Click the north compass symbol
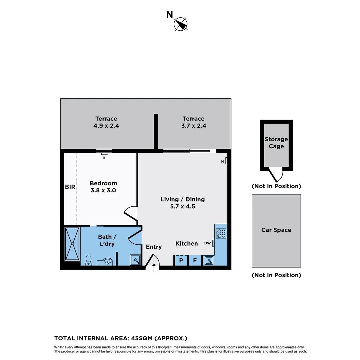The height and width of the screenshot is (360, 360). pos(181,24)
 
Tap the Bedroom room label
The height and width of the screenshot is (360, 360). pos(103,183)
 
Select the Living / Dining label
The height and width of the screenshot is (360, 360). pos(182,199)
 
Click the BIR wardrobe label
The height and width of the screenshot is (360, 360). pos(70,187)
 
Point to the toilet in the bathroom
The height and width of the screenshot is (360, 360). pos(89,260)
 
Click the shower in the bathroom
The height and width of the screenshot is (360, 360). pos(72,244)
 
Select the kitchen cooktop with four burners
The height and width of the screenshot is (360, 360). pos(221,233)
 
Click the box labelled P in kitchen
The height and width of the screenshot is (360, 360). pos(181,260)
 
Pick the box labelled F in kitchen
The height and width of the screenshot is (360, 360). pos(195,260)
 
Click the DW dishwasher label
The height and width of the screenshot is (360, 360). pos(208,243)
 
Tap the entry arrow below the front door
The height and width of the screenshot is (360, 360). pos(154,267)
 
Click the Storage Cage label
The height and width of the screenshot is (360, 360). pos(276,143)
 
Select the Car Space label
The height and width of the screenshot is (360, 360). pos(276,230)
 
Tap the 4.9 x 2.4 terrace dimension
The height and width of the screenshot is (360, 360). pos(106,126)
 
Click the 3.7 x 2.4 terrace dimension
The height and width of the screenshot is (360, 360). pos(194,126)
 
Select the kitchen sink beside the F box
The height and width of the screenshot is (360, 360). pos(209,260)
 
